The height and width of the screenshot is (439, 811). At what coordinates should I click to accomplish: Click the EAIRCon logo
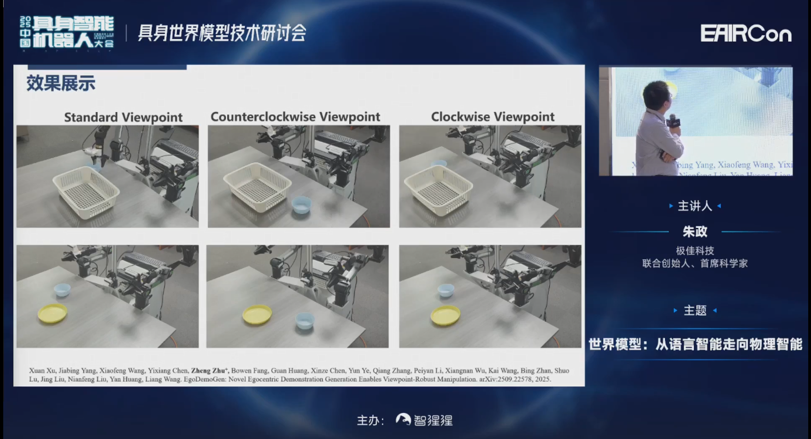(746, 34)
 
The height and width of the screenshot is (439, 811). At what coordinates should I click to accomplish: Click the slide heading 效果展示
(61, 83)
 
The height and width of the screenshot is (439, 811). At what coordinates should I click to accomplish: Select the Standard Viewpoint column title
(123, 117)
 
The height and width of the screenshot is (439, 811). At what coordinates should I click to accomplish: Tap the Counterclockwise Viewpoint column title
(295, 117)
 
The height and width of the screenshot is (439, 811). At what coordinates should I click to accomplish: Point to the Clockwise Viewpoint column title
(493, 117)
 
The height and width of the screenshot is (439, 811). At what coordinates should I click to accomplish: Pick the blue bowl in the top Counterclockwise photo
(301, 205)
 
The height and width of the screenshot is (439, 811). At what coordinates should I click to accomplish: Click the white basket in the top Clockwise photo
(438, 190)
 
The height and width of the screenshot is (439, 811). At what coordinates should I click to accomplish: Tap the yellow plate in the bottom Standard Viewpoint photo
(52, 314)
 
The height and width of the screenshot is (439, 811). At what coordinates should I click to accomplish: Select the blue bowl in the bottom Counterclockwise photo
(305, 320)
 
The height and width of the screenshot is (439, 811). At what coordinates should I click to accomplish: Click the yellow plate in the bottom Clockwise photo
(445, 316)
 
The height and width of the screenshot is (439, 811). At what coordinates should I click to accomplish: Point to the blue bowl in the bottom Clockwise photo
(446, 290)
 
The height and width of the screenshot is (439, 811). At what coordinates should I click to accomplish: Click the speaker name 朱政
(695, 231)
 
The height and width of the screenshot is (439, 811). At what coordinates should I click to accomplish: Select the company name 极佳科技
(695, 251)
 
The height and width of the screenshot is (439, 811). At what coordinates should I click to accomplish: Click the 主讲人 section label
(695, 206)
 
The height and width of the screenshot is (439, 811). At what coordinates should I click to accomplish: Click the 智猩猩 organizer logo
(424, 420)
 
